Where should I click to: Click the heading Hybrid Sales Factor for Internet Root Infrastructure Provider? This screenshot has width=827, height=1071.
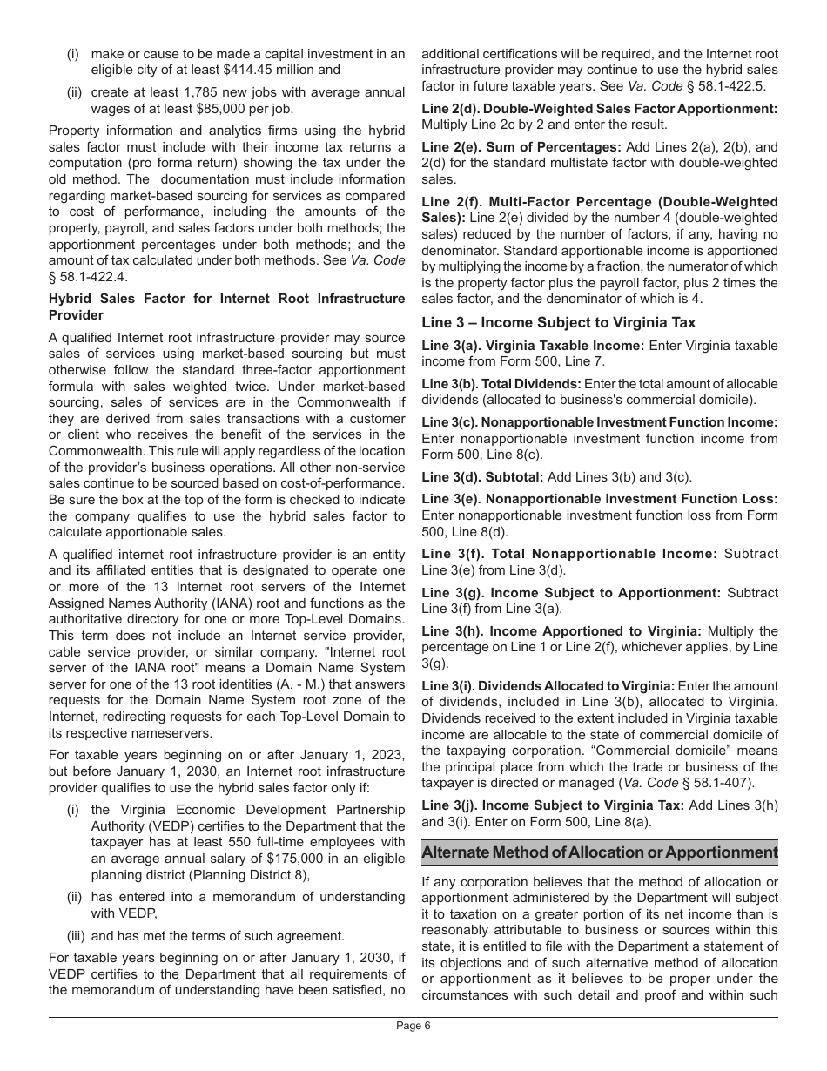(226, 306)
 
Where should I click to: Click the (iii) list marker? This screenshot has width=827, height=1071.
(77, 936)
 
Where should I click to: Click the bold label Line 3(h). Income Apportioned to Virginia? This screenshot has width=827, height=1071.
(561, 630)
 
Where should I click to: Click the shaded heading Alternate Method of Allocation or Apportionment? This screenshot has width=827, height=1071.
(599, 852)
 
